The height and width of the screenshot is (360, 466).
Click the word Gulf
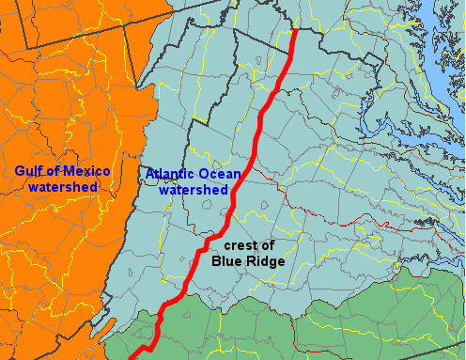pyautogui.click(x=29, y=171)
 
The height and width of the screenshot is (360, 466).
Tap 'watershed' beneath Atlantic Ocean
pyautogui.click(x=194, y=190)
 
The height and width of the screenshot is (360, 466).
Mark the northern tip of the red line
pyautogui.click(x=296, y=31)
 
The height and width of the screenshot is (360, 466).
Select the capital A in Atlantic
pyautogui.click(x=149, y=174)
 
